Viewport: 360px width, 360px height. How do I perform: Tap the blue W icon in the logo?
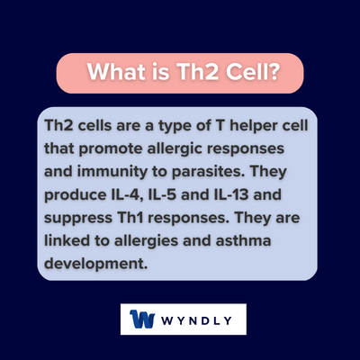(x=143, y=319)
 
